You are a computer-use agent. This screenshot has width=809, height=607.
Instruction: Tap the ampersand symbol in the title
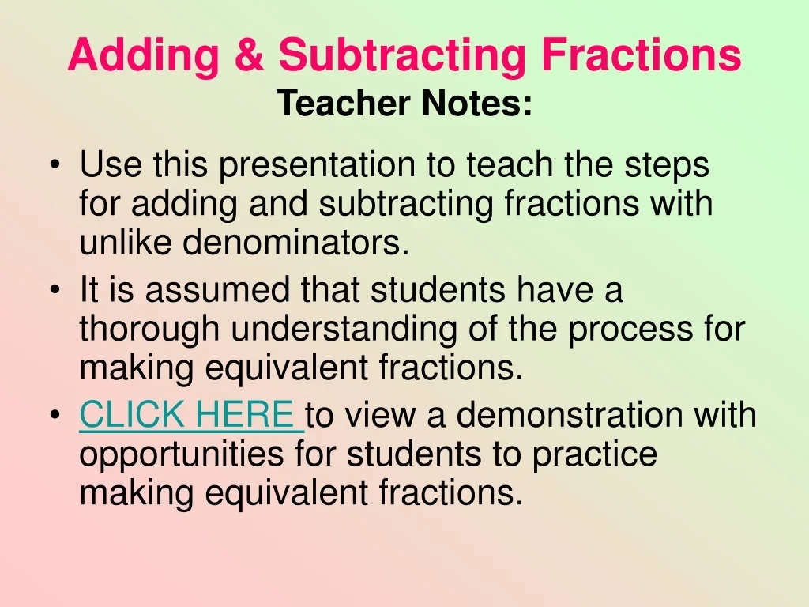coord(249,54)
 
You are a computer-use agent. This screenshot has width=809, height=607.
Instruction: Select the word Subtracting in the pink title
coord(402,56)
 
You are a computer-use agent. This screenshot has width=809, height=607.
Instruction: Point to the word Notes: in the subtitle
coord(476,103)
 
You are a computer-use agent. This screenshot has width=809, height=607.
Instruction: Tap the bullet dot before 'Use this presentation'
coord(55,166)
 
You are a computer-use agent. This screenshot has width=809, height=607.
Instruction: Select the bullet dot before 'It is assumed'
coord(55,290)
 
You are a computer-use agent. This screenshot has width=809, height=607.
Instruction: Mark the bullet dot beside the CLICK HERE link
coord(55,415)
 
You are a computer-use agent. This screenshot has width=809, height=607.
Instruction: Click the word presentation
coord(317,166)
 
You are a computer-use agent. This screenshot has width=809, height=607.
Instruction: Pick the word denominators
coord(295,241)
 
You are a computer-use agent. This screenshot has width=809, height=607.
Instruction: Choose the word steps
coord(667,166)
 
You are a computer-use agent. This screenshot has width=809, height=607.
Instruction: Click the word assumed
coord(217,289)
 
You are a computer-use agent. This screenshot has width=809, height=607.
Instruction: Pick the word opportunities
coord(182,455)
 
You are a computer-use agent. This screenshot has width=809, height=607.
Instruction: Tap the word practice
coord(594,455)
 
